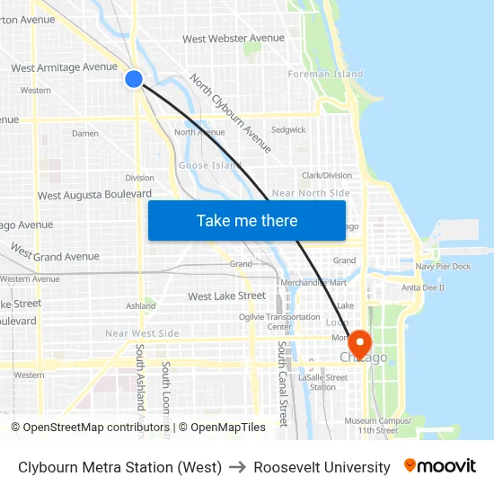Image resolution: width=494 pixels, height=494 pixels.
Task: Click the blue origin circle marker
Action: pos(134,79)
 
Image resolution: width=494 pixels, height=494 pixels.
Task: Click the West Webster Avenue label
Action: pos(234,39)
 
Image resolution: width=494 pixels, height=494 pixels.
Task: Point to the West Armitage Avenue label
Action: pos(64,67)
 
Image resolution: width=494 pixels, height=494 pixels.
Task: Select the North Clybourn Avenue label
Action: pos(230,112)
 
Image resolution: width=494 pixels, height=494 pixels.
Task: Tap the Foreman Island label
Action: pos(325,75)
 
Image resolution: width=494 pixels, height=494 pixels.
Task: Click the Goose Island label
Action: pos(210,165)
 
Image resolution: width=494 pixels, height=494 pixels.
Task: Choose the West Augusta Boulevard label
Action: pos(94,195)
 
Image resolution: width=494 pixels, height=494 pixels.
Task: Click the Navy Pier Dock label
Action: pos(443,267)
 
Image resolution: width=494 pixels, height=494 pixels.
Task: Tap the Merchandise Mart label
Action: pos(313,282)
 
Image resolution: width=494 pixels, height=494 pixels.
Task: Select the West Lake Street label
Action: pos(226,296)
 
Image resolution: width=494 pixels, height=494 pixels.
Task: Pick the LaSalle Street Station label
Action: pos(324,382)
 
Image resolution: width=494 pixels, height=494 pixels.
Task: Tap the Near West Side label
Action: pos(142,334)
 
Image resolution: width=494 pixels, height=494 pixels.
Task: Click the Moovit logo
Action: pos(440,466)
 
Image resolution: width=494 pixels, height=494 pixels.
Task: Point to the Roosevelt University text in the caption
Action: pos(322,467)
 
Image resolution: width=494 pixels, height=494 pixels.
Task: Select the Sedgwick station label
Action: pos(288,130)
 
